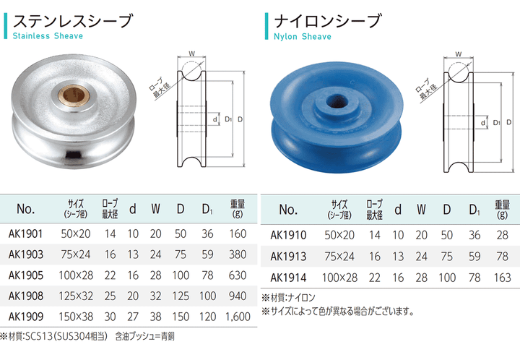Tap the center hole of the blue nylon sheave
pyautogui.click(x=337, y=101)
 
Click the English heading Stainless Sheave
pyautogui.click(x=48, y=36)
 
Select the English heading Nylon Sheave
pyautogui.click(x=303, y=36)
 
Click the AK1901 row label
pyautogui.click(x=26, y=234)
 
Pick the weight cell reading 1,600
pyautogui.click(x=238, y=317)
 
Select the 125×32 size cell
pyautogui.click(x=76, y=296)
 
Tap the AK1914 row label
pyautogui.click(x=288, y=278)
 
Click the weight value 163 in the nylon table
pyautogui.click(x=502, y=278)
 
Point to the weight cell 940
pyautogui.click(x=238, y=296)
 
